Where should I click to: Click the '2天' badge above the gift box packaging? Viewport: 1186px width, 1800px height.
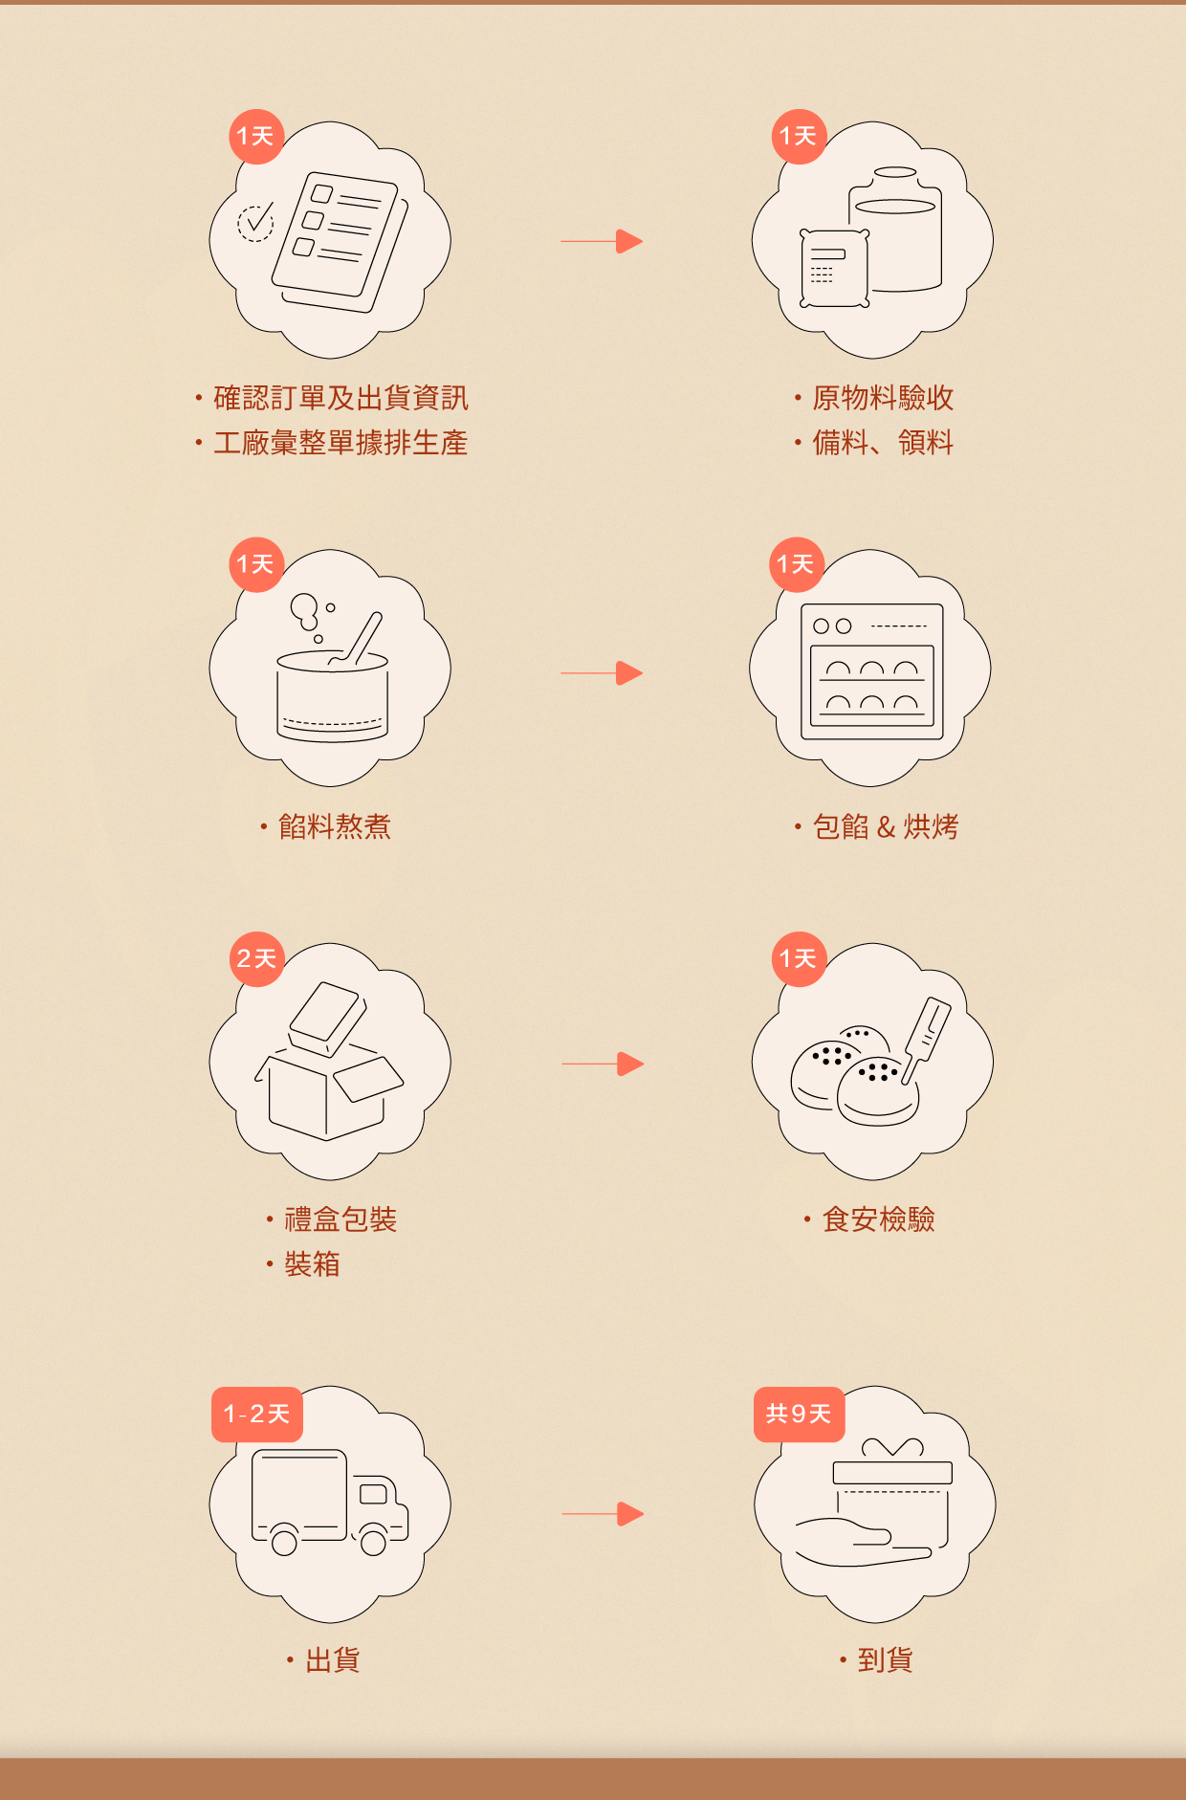(256, 958)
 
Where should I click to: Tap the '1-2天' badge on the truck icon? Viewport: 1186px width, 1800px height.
(256, 1414)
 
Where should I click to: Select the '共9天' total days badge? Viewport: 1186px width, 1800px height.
(799, 1414)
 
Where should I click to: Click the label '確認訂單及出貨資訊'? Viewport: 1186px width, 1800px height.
(340, 398)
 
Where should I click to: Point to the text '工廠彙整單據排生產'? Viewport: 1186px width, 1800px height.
(340, 443)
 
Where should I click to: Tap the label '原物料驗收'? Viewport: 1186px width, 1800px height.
(883, 398)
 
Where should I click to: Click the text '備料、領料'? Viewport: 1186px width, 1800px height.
(883, 443)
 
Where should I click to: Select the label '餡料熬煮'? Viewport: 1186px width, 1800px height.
(334, 826)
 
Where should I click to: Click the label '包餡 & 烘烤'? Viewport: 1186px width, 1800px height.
(886, 826)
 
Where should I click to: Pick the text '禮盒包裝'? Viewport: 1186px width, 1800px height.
(340, 1219)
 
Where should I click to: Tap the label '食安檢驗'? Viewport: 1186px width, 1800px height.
(878, 1219)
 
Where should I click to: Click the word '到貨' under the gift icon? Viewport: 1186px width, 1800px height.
(885, 1660)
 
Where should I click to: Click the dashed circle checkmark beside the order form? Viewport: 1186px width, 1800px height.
(255, 223)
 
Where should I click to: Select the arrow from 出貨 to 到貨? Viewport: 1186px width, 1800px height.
(603, 1514)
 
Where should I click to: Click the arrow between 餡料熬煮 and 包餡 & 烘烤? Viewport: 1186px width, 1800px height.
(602, 673)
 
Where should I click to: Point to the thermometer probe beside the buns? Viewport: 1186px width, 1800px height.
(925, 1037)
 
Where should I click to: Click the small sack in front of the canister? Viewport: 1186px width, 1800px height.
(834, 269)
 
